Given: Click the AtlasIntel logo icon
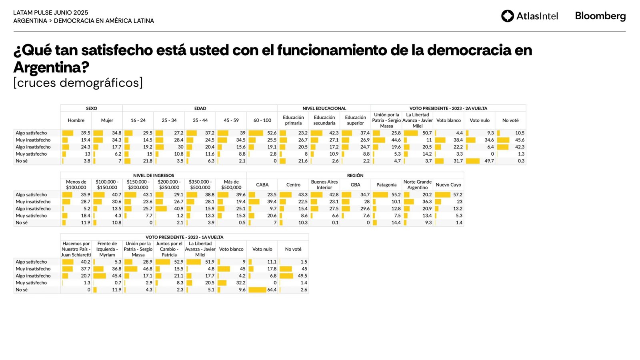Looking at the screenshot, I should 507,16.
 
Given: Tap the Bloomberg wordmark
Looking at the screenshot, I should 600,16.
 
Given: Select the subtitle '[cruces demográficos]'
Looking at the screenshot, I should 78,83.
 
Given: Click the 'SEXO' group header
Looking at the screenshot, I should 91,108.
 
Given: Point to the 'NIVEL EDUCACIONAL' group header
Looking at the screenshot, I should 324,108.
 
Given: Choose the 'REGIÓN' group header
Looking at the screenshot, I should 355,175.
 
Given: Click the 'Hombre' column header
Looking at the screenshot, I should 76,120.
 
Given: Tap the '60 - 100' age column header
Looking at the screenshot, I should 262,120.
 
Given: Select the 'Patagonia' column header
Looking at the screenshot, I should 386,185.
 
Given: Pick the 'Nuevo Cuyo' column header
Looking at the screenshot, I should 448,185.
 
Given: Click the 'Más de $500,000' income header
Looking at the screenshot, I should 231,185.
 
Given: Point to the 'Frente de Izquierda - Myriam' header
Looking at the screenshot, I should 107,249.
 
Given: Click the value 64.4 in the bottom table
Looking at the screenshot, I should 272,290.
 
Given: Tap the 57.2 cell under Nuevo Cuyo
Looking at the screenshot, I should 458,195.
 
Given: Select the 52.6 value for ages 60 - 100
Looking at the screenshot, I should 272,133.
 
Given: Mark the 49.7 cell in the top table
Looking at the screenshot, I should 489,161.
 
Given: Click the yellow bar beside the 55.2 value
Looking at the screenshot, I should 380,195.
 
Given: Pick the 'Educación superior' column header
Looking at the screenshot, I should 355,120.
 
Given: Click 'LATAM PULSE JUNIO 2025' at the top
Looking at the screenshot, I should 51,13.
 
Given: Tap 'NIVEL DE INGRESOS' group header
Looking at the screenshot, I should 154,175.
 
